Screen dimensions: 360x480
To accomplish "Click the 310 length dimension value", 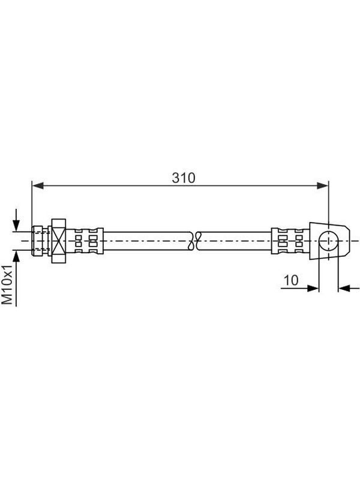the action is pyautogui.click(x=184, y=178).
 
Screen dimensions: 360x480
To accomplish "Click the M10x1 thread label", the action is pyautogui.click(x=7, y=284).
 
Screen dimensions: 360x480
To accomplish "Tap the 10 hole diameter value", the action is pyautogui.click(x=291, y=280).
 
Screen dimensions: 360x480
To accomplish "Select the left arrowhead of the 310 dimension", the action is pyautogui.click(x=38, y=185).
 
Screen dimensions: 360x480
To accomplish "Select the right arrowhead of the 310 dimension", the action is pyautogui.click(x=323, y=185).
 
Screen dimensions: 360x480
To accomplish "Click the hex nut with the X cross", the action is pyautogui.click(x=59, y=241).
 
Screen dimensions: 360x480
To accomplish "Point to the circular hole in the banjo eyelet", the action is pyautogui.click(x=328, y=241).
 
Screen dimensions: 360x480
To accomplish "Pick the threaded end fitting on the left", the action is pyautogui.click(x=40, y=241).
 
